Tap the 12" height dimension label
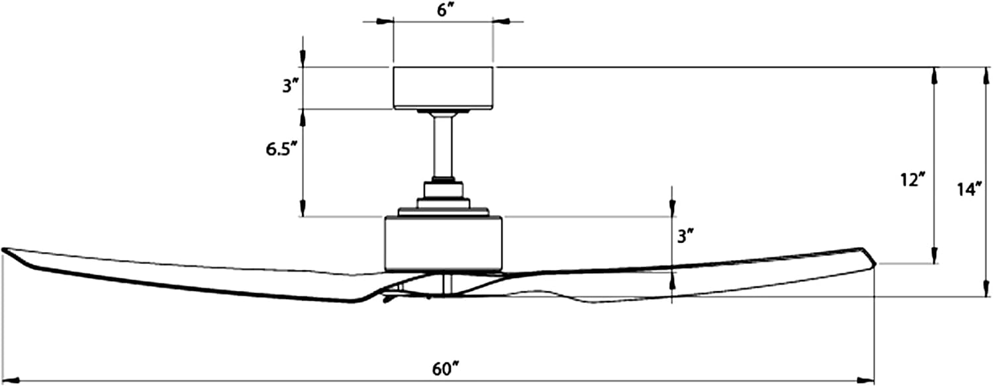point(912,180)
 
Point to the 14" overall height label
point(970,190)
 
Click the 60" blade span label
point(446,369)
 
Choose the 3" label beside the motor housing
point(685,236)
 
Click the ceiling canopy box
point(443,88)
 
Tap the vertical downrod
point(443,146)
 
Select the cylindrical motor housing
point(443,243)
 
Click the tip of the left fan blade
point(3,251)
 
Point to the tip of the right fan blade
point(875,263)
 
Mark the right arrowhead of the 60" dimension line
point(866,380)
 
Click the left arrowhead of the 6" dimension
point(385,21)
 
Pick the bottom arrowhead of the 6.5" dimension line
point(303,207)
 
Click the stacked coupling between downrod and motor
point(444,199)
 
